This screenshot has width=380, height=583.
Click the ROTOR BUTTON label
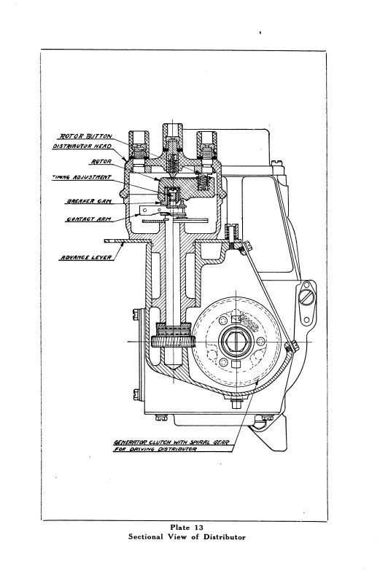(86, 136)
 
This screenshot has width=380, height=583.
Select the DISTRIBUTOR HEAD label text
(82, 146)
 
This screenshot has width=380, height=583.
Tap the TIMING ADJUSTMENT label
(82, 177)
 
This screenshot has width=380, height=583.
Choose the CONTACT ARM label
(88, 219)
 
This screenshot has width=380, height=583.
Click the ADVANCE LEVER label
(86, 257)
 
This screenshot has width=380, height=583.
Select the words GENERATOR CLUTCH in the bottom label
(142, 442)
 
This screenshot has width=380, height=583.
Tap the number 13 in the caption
(198, 527)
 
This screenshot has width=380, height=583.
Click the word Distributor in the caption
(224, 537)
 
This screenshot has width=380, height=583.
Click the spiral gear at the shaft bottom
(173, 341)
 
